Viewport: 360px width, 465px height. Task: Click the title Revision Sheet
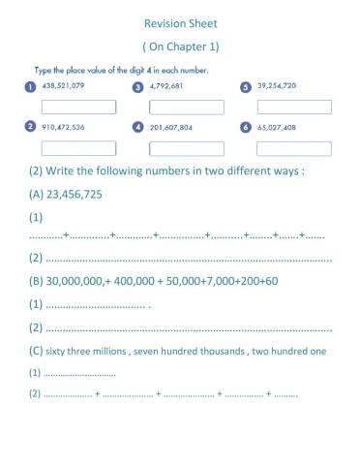coord(180,22)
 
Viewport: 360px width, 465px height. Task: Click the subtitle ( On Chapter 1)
coord(180,46)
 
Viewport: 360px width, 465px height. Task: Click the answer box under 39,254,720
coord(293,108)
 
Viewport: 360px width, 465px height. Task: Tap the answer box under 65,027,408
coord(293,148)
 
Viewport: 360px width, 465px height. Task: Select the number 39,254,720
coord(278,86)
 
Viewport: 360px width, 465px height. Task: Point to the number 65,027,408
coord(278,127)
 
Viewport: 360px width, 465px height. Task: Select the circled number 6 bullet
coord(246,128)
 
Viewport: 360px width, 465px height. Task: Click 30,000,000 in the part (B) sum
coord(71,281)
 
